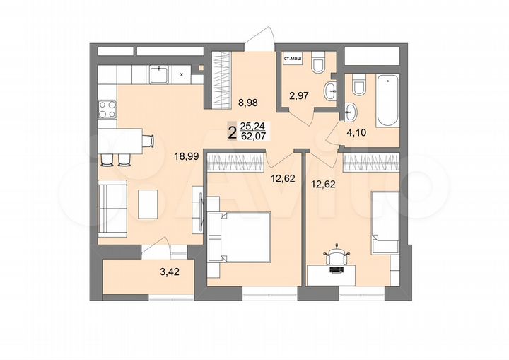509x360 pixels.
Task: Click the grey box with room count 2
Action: click(x=231, y=132)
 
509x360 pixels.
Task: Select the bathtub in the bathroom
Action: click(x=387, y=103)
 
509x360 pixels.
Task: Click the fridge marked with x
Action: click(x=182, y=73)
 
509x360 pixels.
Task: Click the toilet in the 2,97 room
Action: click(x=317, y=65)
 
